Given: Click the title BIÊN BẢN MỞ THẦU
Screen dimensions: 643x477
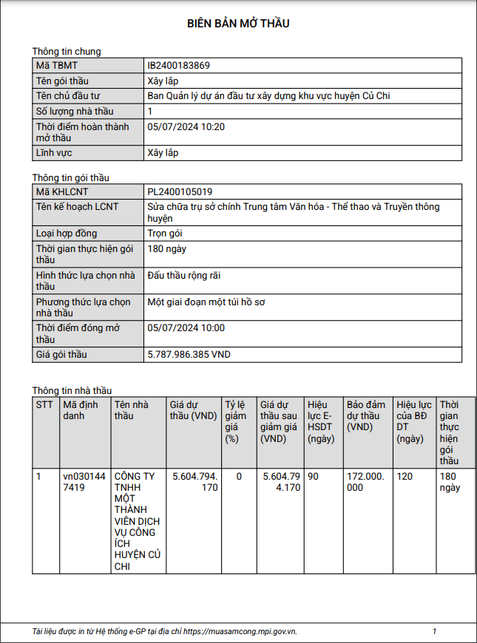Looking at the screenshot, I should [x=238, y=24].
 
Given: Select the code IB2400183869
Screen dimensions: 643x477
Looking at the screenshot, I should [x=178, y=66].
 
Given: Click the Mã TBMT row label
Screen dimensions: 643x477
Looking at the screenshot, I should [x=57, y=66].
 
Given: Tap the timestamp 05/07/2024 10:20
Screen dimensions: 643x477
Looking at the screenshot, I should [x=186, y=127].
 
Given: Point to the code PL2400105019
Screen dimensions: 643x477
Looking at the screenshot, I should [x=180, y=192].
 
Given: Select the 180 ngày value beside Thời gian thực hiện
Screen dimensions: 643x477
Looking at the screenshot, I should [x=167, y=249].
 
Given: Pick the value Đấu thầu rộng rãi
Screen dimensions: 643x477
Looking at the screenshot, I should [x=184, y=276].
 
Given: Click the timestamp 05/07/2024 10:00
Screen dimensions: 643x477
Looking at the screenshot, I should [x=186, y=328].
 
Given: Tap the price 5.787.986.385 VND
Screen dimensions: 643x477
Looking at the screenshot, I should [x=189, y=355].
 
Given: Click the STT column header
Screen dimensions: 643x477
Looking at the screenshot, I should [x=44, y=405].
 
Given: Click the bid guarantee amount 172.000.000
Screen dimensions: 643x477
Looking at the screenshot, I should [x=366, y=482].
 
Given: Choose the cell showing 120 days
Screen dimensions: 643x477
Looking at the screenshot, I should [x=405, y=477].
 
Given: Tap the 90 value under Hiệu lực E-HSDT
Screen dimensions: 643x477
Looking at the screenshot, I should [x=313, y=477].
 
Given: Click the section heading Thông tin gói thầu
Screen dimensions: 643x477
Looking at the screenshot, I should [x=71, y=178].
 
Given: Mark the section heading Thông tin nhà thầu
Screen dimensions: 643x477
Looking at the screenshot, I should [x=72, y=390].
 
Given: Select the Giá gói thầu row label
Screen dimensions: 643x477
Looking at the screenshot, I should [x=61, y=355].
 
